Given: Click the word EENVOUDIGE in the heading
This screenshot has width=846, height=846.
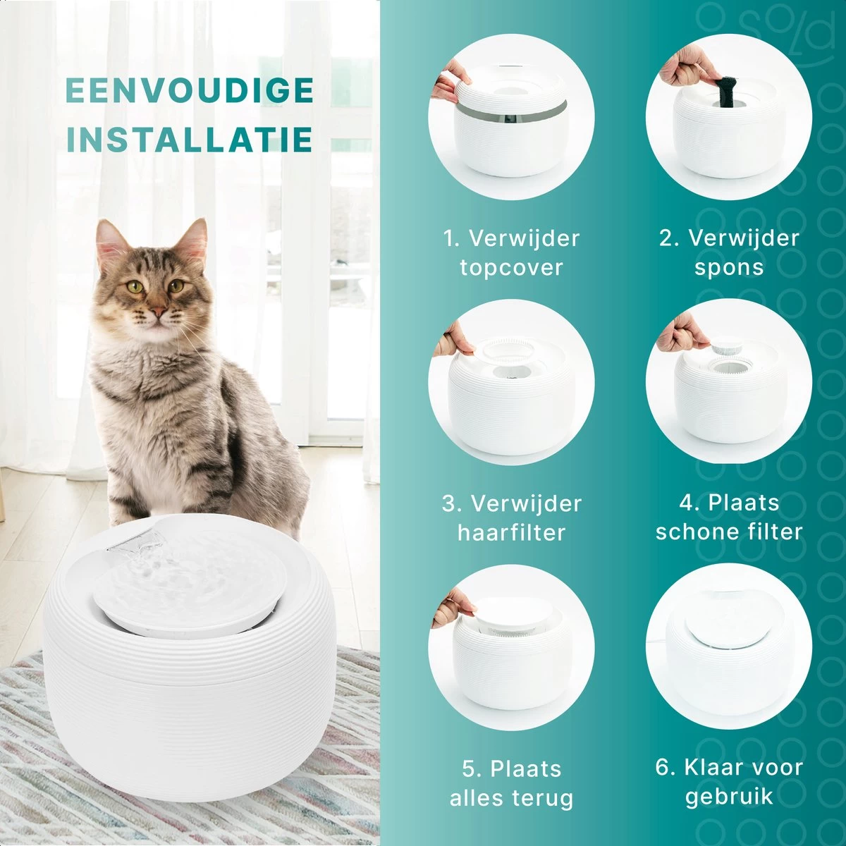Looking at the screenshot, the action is [189, 90].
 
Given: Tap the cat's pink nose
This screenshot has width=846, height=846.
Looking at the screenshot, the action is [158, 312].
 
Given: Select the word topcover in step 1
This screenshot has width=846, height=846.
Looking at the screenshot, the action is [511, 268].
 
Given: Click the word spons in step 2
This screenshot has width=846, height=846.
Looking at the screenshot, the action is [729, 268].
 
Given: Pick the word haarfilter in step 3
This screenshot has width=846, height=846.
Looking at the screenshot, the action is [511, 532].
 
